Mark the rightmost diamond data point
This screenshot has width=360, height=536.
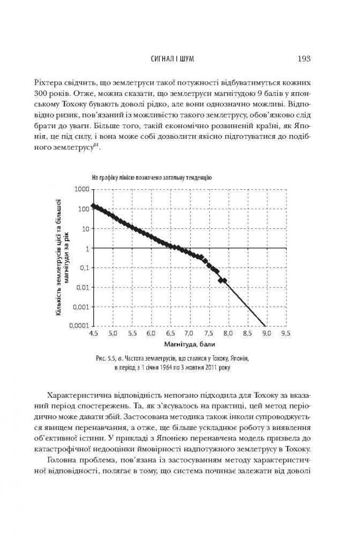(x=224, y=280)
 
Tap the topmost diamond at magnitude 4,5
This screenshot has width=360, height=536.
(x=94, y=206)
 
